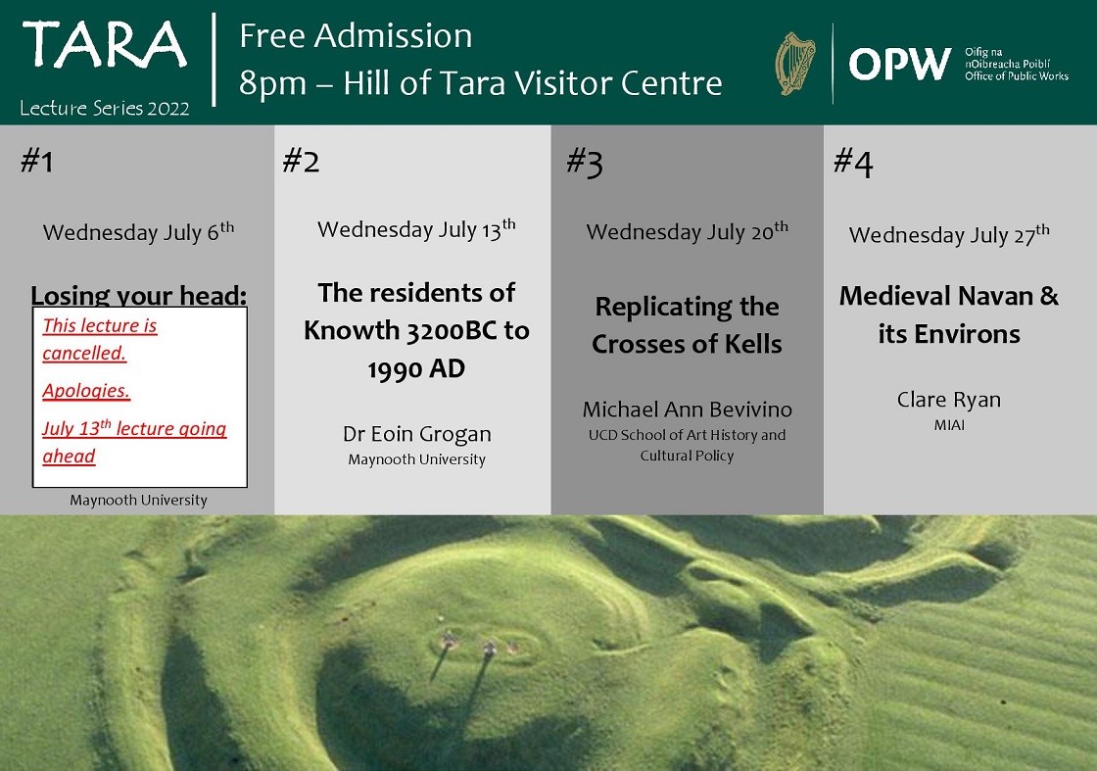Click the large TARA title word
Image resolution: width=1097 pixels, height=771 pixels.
click(105, 45)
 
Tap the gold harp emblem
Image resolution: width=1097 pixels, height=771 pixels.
click(795, 64)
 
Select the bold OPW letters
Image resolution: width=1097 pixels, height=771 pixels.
click(900, 65)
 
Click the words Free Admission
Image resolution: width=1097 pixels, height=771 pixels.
click(356, 35)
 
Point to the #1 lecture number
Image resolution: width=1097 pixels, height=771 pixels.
click(37, 161)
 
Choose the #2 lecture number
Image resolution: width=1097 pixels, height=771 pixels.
click(301, 161)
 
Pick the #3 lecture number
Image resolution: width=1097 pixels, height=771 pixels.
click(584, 163)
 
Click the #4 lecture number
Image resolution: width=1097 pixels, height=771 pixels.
click(853, 163)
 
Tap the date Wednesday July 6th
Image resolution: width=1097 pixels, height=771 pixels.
click(138, 231)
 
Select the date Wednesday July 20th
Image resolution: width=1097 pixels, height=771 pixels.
click(687, 231)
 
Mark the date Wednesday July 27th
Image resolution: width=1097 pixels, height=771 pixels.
click(949, 234)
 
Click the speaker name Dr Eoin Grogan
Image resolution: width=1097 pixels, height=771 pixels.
click(417, 434)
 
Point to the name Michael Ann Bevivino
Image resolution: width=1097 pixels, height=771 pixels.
click(687, 410)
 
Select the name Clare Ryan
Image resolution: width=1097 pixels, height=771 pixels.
click(949, 400)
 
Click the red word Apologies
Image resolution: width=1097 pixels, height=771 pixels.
click(86, 390)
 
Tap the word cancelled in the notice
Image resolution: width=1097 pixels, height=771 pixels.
click(84, 353)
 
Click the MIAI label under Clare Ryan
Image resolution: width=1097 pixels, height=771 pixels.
click(949, 424)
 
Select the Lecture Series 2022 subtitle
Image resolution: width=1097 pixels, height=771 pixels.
click(105, 108)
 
